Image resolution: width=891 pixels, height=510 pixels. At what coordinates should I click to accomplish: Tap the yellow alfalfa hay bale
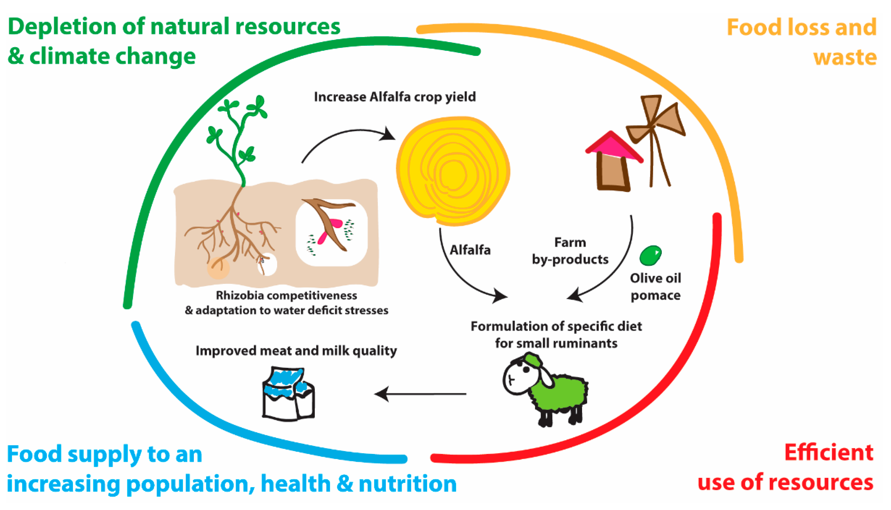tap(453, 172)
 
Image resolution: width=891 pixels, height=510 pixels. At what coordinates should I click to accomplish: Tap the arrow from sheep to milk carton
tap(420, 394)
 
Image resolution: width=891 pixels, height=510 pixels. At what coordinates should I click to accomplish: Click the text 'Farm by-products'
tap(570, 251)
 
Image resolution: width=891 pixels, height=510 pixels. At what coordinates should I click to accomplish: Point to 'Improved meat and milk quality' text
tap(296, 351)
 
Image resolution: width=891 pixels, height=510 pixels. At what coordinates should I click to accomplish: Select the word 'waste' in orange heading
tap(844, 57)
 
